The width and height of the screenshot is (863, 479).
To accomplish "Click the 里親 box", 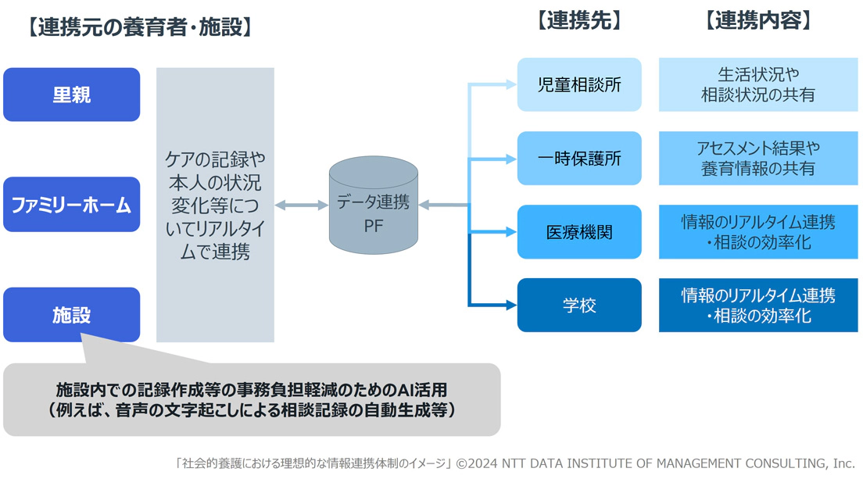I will click(71, 95).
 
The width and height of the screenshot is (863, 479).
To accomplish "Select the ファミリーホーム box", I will click(71, 205).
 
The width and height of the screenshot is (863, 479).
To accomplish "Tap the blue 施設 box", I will click(71, 314).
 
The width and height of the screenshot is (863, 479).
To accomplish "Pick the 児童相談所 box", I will click(579, 84).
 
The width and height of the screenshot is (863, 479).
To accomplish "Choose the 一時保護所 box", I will click(579, 158).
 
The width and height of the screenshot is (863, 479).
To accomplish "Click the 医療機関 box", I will click(579, 232).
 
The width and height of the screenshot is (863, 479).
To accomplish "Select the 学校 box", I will click(579, 305).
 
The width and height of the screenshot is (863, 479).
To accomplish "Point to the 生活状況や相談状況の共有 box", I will click(757, 84).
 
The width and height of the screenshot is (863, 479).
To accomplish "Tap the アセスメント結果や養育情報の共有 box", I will click(757, 158).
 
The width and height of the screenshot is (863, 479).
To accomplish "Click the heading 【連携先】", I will click(579, 21).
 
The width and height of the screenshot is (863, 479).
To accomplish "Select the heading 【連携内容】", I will click(757, 21).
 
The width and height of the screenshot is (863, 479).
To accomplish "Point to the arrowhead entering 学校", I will click(510, 305).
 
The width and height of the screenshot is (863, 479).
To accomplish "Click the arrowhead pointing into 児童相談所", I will click(510, 84).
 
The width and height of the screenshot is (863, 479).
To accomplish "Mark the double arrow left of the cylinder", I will click(301, 206).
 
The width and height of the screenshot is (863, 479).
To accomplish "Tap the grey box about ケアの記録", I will click(215, 205).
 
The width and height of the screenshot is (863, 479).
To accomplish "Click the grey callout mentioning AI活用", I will click(251, 399).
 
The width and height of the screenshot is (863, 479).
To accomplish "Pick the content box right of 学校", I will click(757, 305).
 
